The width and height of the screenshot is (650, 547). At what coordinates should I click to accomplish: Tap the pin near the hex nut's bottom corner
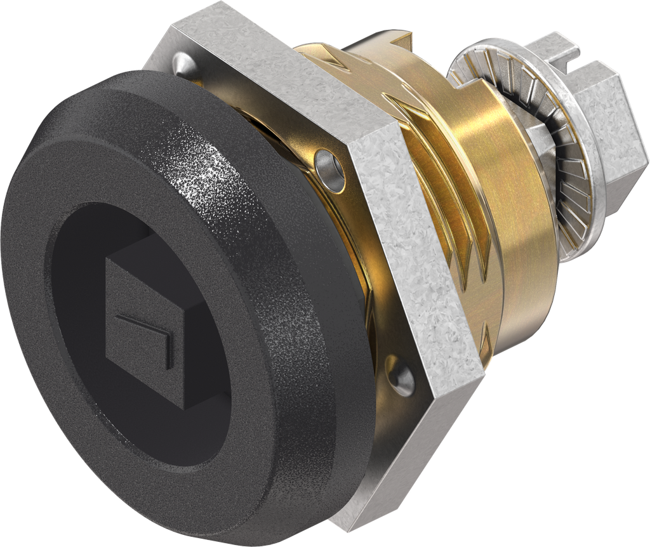click(402, 378)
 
